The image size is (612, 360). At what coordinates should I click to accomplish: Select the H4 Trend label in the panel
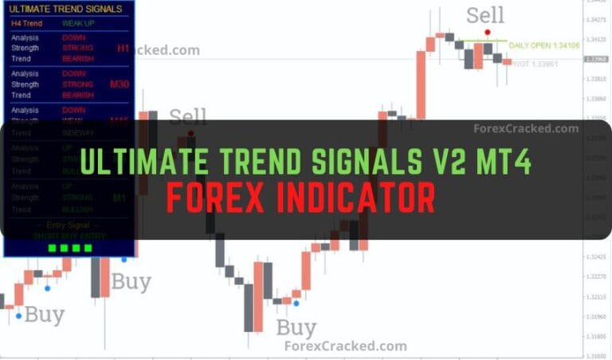tap(27, 24)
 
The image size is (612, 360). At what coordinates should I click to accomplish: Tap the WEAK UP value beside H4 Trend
tap(78, 24)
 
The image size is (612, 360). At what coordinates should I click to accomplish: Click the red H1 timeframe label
tap(123, 49)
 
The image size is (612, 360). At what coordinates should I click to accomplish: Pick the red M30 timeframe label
tap(120, 84)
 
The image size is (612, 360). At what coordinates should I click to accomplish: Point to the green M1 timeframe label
tap(120, 198)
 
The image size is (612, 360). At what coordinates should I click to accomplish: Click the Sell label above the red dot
tap(485, 15)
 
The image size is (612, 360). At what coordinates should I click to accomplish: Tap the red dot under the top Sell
tap(487, 32)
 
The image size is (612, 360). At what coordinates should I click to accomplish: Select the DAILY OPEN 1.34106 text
tap(543, 46)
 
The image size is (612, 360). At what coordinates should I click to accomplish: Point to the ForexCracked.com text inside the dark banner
tap(526, 128)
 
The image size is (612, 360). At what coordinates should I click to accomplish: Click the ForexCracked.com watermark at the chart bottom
tap(345, 346)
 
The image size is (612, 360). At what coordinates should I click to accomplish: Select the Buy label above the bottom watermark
tap(296, 327)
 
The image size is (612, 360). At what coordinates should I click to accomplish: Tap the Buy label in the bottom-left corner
tap(44, 315)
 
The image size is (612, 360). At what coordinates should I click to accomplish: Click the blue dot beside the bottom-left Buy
tap(18, 315)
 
